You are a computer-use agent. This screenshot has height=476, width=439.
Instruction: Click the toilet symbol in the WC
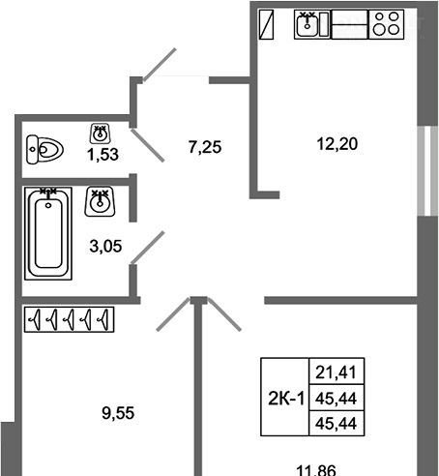coord(44,150)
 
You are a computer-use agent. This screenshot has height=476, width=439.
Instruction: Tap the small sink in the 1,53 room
coord(101,134)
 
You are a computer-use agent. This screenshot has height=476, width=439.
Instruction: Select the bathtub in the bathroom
coord(48,233)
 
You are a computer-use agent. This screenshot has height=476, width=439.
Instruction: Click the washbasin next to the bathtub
coord(100,201)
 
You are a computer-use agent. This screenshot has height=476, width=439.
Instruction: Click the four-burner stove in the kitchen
coord(386,24)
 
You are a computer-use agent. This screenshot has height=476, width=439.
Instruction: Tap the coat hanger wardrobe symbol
coord(70,319)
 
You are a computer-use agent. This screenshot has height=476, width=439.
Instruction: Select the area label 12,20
coord(337,144)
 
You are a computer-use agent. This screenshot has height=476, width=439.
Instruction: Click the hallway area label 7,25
coord(205,147)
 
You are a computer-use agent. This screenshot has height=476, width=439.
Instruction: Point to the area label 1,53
coord(102,155)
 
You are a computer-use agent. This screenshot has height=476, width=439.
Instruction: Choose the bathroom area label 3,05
coord(105,247)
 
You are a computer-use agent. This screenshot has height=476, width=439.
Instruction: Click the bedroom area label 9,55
coord(118,413)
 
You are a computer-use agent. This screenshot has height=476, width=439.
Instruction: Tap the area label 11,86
coord(316,470)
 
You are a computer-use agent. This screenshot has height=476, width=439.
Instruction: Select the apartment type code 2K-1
coord(286,399)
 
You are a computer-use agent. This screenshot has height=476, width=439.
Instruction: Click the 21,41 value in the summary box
coord(336,372)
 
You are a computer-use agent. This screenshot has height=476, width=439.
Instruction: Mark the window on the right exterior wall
coord(427,171)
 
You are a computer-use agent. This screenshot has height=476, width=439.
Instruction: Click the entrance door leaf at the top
coord(160,65)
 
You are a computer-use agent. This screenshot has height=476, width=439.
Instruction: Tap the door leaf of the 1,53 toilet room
coord(148,145)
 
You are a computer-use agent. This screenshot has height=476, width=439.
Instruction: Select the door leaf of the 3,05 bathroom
coord(148,247)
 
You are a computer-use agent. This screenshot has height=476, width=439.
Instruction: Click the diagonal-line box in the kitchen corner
coord(266,24)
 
